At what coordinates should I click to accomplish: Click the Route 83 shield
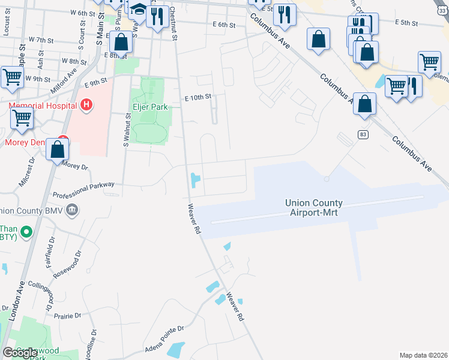(x=362, y=134)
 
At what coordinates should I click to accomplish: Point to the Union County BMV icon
(x=72, y=210)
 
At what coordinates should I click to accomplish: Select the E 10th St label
(x=198, y=97)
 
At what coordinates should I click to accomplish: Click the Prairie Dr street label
(x=67, y=316)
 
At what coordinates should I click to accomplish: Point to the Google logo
(x=20, y=353)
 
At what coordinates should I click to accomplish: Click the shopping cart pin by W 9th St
(x=11, y=77)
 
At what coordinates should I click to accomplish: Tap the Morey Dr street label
(x=75, y=166)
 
